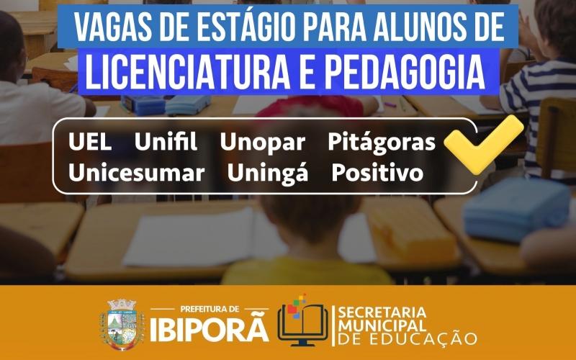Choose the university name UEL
90,143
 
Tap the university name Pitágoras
382,143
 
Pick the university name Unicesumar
136,173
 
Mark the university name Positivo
377,173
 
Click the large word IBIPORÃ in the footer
210,329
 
